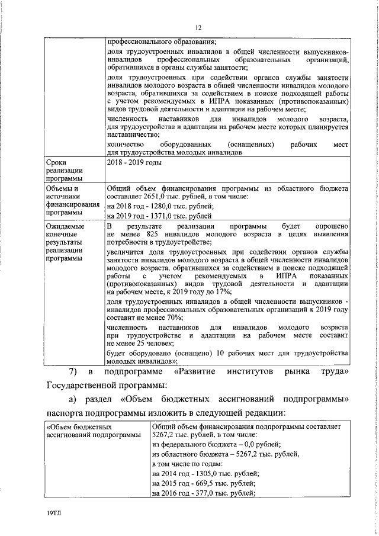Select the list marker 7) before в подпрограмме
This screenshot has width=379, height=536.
tap(73, 372)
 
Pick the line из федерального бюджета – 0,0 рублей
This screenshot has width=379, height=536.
tap(216, 444)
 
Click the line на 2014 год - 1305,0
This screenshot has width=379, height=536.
tap(205, 474)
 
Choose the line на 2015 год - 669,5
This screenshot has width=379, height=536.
tap(203, 483)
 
